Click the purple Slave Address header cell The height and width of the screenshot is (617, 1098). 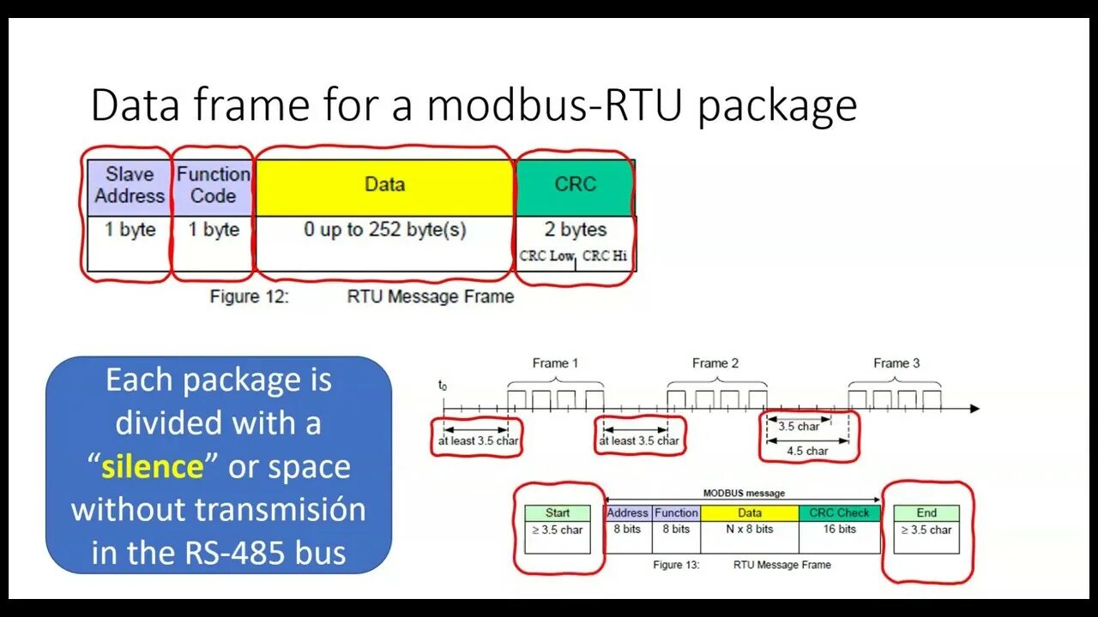pyautogui.click(x=130, y=185)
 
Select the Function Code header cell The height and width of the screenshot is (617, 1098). pyautogui.click(x=214, y=185)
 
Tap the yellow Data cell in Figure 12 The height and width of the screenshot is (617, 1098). pyautogui.click(x=384, y=185)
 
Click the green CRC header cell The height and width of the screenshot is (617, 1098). pyautogui.click(x=575, y=185)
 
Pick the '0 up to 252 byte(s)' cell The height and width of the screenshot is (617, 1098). pyautogui.click(x=384, y=230)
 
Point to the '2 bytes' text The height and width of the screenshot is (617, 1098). pyautogui.click(x=575, y=230)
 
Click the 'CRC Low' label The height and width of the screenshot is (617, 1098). pyautogui.click(x=546, y=256)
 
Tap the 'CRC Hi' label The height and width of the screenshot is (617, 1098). pyautogui.click(x=604, y=256)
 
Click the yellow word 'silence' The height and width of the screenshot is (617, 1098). pyautogui.click(x=152, y=467)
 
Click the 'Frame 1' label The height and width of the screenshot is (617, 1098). pyautogui.click(x=555, y=363)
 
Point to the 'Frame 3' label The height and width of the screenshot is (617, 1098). pyautogui.click(x=896, y=363)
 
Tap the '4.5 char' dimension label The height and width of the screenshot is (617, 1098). pyautogui.click(x=807, y=451)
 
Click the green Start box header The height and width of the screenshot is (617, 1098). pyautogui.click(x=558, y=513)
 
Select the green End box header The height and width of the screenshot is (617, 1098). pyautogui.click(x=926, y=513)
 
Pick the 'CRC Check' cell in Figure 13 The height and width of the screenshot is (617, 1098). pyautogui.click(x=840, y=513)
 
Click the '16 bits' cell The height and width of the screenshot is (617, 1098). pyautogui.click(x=840, y=530)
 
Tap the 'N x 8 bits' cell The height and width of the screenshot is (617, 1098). pyautogui.click(x=749, y=530)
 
